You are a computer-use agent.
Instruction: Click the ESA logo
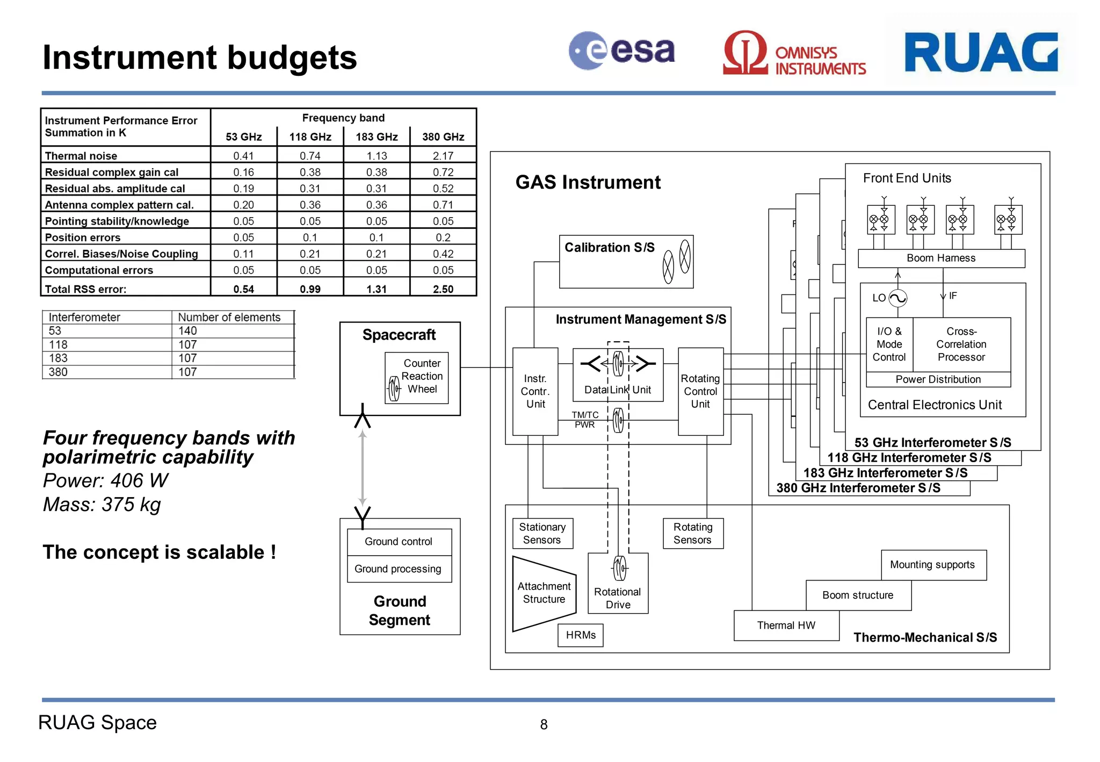click(x=621, y=51)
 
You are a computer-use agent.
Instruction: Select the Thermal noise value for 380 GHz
click(x=443, y=156)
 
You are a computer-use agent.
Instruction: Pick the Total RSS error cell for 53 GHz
click(x=244, y=289)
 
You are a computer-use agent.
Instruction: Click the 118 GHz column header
click(x=310, y=136)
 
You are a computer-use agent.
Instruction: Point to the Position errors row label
click(x=83, y=238)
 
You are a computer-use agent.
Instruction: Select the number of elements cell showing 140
click(x=188, y=331)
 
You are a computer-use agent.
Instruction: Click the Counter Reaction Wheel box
click(x=417, y=377)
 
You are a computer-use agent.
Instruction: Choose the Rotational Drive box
click(x=618, y=584)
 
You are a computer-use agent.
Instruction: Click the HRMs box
click(x=581, y=635)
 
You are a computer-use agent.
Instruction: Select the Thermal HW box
click(x=786, y=626)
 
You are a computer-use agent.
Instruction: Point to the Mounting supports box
click(x=932, y=565)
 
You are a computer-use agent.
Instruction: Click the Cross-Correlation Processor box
click(x=961, y=344)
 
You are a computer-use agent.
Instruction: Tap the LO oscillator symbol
click(x=898, y=298)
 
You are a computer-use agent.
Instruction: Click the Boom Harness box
click(x=941, y=258)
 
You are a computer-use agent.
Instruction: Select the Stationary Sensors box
click(x=542, y=534)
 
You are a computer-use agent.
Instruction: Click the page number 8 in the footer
click(x=544, y=724)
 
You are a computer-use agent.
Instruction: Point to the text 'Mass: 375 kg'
click(x=102, y=505)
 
